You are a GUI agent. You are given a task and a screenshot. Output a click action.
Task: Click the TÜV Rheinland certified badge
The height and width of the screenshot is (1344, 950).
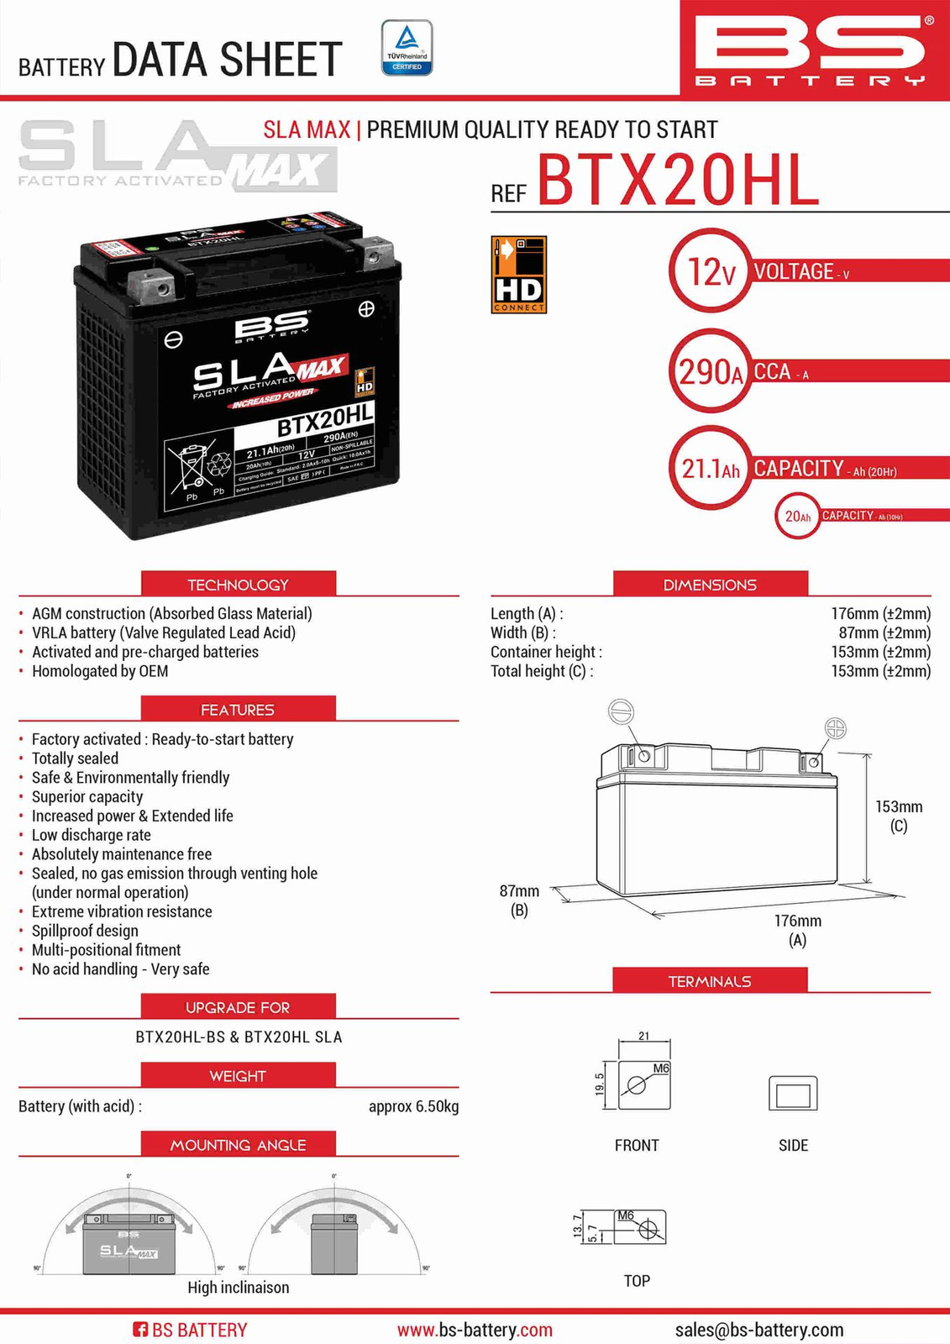[x=407, y=48]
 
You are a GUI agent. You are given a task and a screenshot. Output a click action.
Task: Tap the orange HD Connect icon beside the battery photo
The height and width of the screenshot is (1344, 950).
[x=519, y=275]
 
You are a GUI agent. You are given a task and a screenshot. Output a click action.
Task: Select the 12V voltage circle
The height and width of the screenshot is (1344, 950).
[x=711, y=271]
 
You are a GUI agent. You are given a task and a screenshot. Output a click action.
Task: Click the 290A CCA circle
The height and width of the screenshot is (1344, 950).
[x=711, y=370]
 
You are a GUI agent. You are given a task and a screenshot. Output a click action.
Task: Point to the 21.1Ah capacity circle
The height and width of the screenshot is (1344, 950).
[x=711, y=467]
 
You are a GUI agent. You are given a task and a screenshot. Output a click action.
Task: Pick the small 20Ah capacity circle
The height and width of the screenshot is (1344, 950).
[x=797, y=516]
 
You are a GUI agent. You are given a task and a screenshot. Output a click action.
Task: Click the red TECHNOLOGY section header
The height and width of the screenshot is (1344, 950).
[x=238, y=584]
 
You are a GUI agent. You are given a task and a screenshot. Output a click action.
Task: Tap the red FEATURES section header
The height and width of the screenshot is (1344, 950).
[x=238, y=709]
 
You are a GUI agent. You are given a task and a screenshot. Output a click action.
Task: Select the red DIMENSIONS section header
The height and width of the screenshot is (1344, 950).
[x=710, y=584]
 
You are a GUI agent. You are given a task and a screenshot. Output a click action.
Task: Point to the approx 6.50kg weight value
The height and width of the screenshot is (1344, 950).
[x=413, y=1106]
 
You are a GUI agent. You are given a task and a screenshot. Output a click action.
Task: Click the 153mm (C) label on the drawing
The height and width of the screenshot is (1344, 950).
[x=898, y=816]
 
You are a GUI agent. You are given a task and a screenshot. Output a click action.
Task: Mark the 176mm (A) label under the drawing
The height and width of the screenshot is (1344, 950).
[x=797, y=930]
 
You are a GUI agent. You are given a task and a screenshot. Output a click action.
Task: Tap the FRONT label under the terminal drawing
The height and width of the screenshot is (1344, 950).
[x=637, y=1145]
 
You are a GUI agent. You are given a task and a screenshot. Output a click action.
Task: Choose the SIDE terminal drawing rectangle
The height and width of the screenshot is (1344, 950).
[x=793, y=1094]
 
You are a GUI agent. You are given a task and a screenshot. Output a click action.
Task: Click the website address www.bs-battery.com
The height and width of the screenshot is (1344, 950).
[x=475, y=1330]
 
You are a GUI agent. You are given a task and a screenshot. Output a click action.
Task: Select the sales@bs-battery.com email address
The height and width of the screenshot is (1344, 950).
[x=759, y=1330]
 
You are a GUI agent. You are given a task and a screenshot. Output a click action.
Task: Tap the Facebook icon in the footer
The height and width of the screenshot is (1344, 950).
[x=140, y=1330]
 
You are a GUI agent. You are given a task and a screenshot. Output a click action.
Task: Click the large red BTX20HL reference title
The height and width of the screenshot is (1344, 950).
[x=678, y=180]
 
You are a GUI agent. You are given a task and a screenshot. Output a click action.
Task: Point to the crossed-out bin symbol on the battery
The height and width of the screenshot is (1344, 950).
[x=192, y=467]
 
